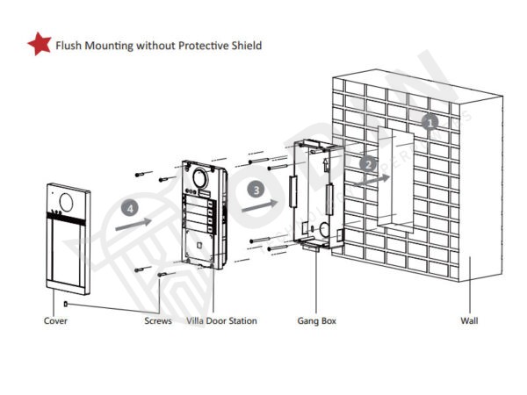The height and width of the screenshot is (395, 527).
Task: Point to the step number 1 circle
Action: coord(430,122)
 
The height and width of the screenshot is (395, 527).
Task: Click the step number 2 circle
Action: coord(369,163)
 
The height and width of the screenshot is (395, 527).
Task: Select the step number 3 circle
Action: coord(256,189)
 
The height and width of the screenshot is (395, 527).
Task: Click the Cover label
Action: coord(55,321)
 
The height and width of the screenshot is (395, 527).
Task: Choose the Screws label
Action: coord(158,321)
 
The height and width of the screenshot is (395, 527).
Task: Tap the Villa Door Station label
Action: coord(221,321)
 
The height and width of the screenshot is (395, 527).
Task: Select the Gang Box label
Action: coord(316,321)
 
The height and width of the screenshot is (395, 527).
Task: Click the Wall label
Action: coord(470,321)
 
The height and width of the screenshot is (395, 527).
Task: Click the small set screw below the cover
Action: coord(67,304)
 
